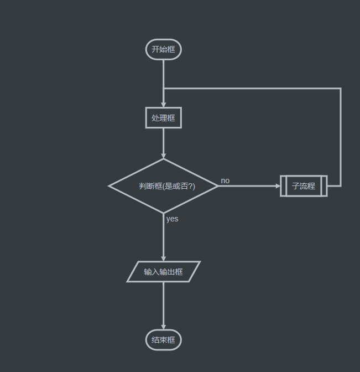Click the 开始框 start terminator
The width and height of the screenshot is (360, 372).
[164, 49]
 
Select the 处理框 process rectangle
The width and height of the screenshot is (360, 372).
[164, 118]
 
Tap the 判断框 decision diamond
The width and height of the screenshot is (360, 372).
[164, 186]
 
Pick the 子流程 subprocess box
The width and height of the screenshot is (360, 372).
[304, 186]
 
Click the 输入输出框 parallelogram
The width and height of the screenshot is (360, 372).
[164, 272]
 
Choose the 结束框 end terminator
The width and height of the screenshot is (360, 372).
[164, 340]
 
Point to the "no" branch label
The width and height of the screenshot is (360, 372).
[225, 180]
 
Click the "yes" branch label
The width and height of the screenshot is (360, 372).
[173, 219]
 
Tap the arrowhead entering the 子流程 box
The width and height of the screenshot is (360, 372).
[278, 186]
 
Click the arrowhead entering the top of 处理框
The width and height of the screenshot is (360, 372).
[164, 104]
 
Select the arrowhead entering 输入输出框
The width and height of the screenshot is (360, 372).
[164, 258]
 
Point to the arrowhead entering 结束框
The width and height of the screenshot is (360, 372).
[164, 327]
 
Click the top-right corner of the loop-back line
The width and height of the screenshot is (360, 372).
[341, 89]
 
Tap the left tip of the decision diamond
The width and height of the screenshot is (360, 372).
[110, 186]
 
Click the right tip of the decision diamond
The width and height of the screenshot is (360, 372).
[217, 186]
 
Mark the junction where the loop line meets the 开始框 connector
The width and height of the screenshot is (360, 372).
[164, 89]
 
